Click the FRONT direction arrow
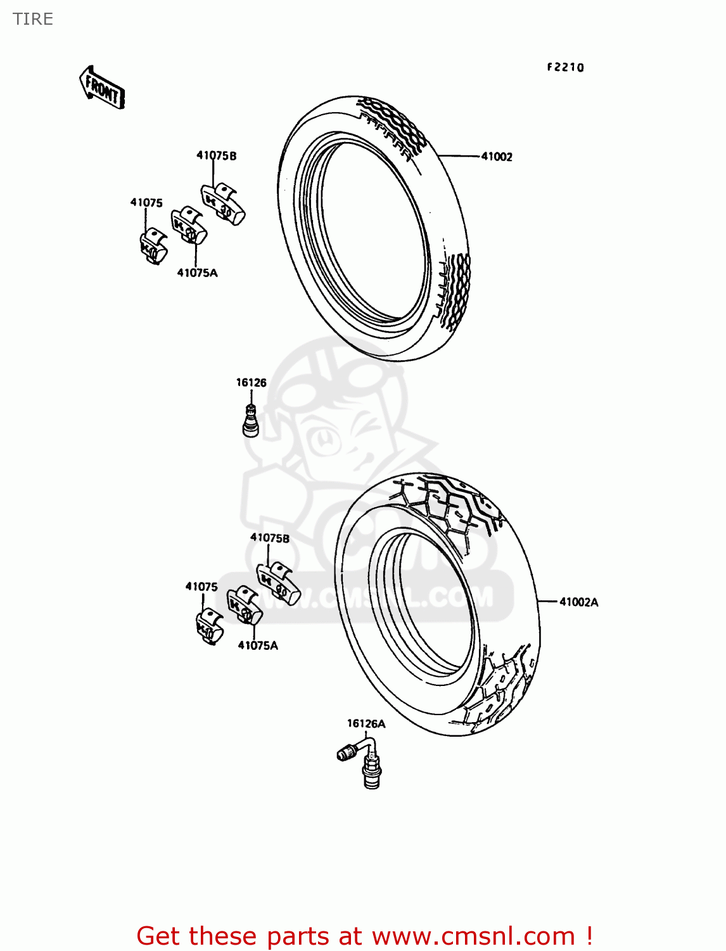(x=102, y=88)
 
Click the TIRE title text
(x=33, y=19)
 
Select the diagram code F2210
(x=565, y=67)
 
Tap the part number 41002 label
(x=497, y=157)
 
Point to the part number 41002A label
(x=578, y=602)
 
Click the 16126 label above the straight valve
(x=251, y=382)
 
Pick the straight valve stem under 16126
(x=251, y=421)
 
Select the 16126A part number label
(x=366, y=723)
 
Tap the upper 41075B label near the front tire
(x=216, y=155)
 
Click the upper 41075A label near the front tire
(x=197, y=273)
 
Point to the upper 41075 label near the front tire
(x=146, y=202)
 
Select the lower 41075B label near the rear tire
(x=270, y=538)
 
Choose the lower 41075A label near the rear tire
(x=258, y=645)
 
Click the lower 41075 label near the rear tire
(x=201, y=586)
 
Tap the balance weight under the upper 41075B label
(x=222, y=204)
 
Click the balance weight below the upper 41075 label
(x=153, y=247)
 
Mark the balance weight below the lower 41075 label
(x=209, y=626)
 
